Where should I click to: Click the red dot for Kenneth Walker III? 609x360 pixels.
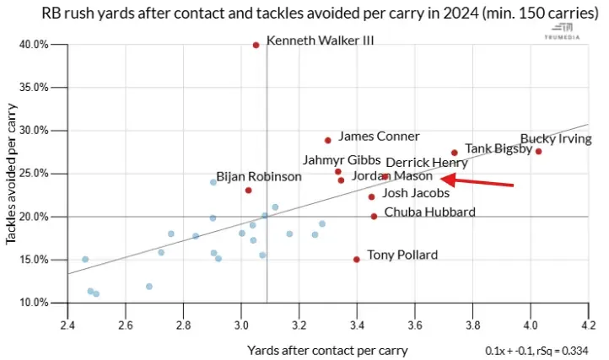(256, 45)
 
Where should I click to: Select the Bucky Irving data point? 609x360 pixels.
(538, 152)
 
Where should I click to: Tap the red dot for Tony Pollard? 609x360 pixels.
(357, 260)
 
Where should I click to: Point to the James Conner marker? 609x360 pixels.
(328, 140)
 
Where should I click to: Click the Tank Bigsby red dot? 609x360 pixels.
(454, 153)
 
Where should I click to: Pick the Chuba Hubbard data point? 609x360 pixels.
(374, 217)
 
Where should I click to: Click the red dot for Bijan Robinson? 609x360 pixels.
(248, 191)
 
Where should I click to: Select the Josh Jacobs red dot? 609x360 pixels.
(371, 197)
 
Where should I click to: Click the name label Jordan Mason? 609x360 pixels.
(391, 177)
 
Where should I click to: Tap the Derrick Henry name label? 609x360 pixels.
(426, 163)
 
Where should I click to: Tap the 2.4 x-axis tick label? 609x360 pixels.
(67, 323)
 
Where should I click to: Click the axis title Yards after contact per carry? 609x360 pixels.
(327, 349)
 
